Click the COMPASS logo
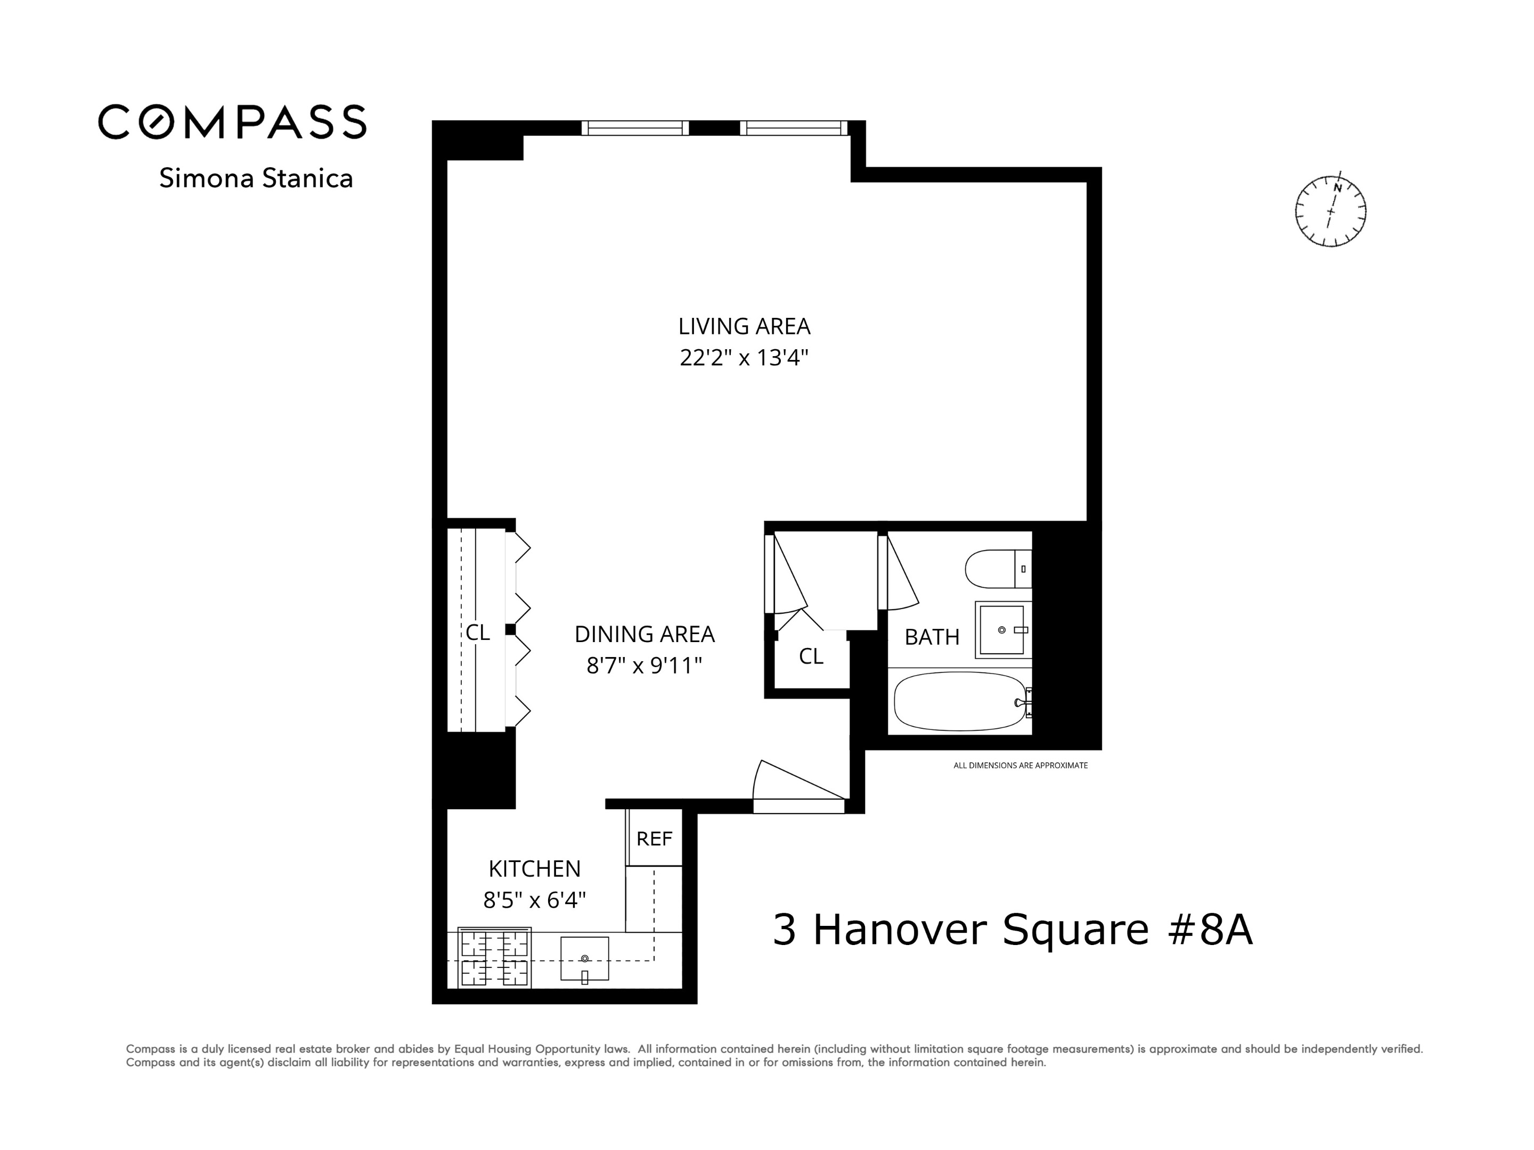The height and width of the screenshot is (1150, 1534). click(232, 122)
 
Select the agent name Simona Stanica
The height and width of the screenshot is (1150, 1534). click(256, 178)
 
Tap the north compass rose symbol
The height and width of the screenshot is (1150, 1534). click(1330, 211)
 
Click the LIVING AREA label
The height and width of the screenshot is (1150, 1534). click(744, 326)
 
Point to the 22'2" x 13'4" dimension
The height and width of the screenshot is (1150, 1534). click(744, 358)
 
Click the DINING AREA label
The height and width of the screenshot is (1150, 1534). click(644, 634)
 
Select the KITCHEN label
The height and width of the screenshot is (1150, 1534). click(534, 868)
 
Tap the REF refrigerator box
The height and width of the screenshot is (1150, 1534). click(654, 839)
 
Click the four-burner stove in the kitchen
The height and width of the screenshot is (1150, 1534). click(494, 957)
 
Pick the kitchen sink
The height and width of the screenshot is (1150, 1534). click(585, 959)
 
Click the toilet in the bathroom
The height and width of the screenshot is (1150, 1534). click(997, 569)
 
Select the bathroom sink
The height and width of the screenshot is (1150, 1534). click(1002, 629)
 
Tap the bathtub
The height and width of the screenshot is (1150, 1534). click(960, 702)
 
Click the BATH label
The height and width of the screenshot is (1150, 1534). click(932, 636)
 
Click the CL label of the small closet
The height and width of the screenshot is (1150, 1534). click(811, 656)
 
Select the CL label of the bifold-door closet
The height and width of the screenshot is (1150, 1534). click(477, 632)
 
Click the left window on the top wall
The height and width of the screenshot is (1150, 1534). click(634, 128)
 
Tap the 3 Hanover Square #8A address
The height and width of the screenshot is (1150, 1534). click(1013, 930)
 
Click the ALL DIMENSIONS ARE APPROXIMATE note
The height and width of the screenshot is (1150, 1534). click(1020, 765)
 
